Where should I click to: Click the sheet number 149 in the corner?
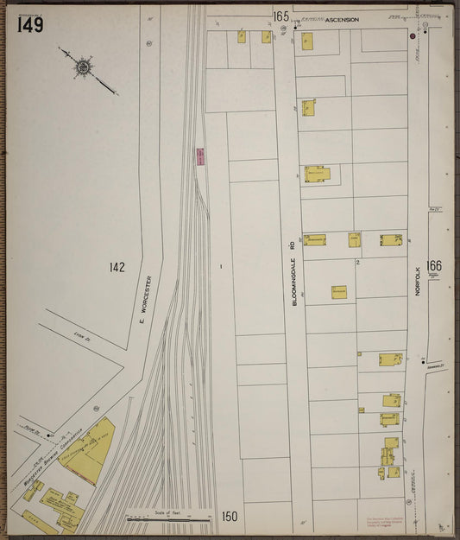[28, 24]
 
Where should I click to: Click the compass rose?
[84, 66]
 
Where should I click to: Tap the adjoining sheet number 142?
[117, 267]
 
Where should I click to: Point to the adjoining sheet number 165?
[280, 16]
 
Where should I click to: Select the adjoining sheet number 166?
[433, 266]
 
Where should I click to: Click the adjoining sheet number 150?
[229, 517]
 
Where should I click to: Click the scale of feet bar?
[169, 519]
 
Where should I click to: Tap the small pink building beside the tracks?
[200, 156]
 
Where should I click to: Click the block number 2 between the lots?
[356, 262]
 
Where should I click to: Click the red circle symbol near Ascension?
[413, 36]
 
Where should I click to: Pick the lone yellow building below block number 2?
[338, 293]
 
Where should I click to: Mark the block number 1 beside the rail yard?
[221, 267]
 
